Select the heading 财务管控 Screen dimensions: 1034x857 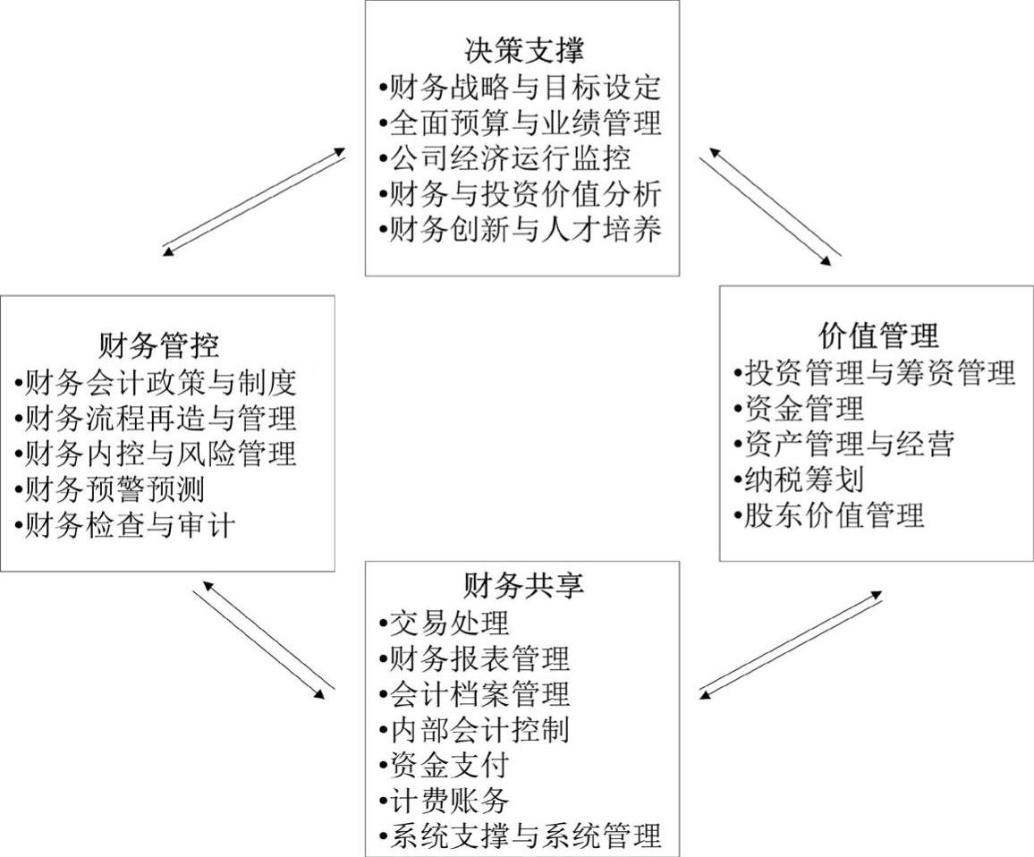tap(159, 345)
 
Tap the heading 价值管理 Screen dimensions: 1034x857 tap(878, 335)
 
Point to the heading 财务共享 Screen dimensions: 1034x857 tap(523, 585)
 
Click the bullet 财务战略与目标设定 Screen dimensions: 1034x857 tap(521, 88)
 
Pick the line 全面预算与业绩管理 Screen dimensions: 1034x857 tap(521, 123)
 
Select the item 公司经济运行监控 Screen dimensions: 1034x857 tap(505, 159)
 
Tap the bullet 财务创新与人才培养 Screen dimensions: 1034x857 tap(521, 230)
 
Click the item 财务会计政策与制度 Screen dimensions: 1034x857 tap(155, 382)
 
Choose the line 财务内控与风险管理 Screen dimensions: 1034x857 tap(155, 454)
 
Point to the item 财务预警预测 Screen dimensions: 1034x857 tap(109, 489)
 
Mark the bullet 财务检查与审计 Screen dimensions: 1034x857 tap(124, 526)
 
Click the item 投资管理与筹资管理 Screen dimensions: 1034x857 tap(875, 373)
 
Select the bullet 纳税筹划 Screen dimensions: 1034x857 tap(799, 479)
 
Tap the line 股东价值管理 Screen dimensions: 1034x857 tap(829, 515)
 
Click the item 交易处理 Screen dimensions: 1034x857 tap(445, 622)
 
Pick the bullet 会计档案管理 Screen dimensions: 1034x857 tap(475, 693)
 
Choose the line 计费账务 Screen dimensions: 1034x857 tap(445, 801)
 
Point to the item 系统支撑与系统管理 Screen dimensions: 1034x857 tap(521, 836)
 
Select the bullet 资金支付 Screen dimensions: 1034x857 tap(445, 765)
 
